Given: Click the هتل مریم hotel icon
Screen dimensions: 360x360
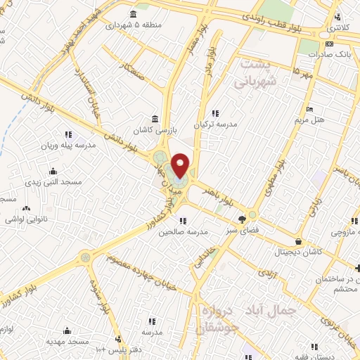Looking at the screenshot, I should tap(310, 109).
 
